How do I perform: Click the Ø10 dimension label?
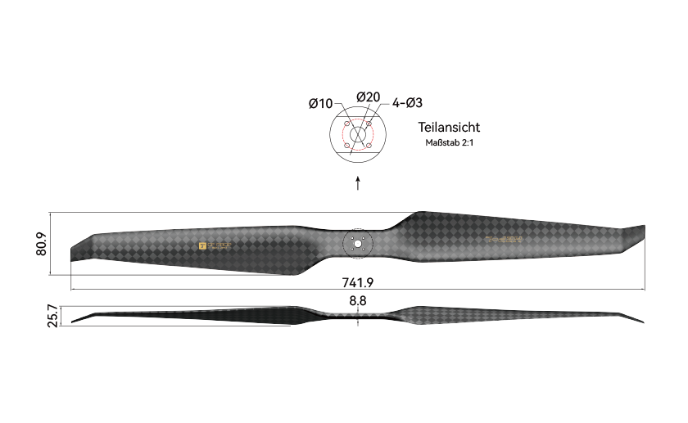coord(320,103)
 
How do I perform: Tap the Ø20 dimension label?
coord(368,97)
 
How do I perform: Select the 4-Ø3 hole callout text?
coord(407,103)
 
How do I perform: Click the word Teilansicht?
coord(448,127)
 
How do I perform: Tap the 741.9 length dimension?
coord(358,282)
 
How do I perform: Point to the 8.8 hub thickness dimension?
coord(358,301)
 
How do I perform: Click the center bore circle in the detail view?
coord(359,135)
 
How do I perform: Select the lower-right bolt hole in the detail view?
coord(369,146)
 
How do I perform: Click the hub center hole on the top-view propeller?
coord(358,243)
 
